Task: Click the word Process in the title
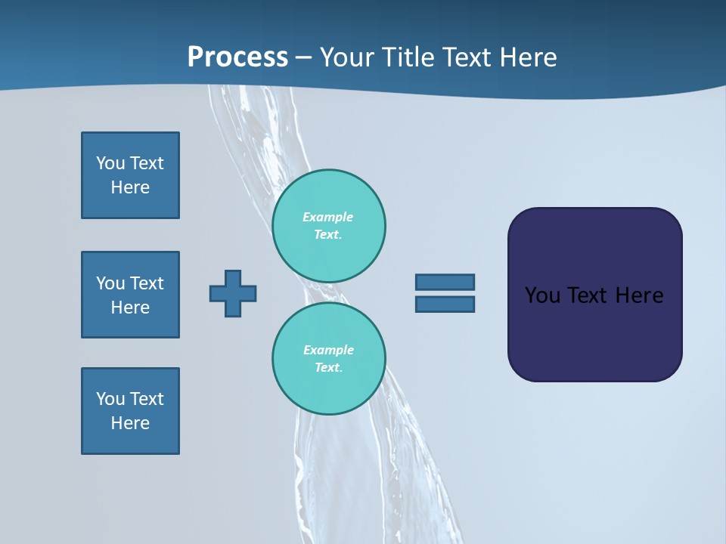pyautogui.click(x=237, y=57)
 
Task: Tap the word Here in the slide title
pyautogui.click(x=528, y=57)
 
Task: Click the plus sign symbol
pyautogui.click(x=233, y=293)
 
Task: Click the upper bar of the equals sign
pyautogui.click(x=445, y=282)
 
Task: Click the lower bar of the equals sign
pyautogui.click(x=445, y=304)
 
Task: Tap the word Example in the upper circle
pyautogui.click(x=327, y=217)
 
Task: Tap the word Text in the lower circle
pyautogui.click(x=327, y=367)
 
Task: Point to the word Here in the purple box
pyautogui.click(x=639, y=295)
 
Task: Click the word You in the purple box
pyautogui.click(x=542, y=295)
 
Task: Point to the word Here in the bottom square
pyautogui.click(x=130, y=423)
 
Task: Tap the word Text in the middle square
pyautogui.click(x=147, y=283)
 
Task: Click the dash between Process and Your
pyautogui.click(x=303, y=57)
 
